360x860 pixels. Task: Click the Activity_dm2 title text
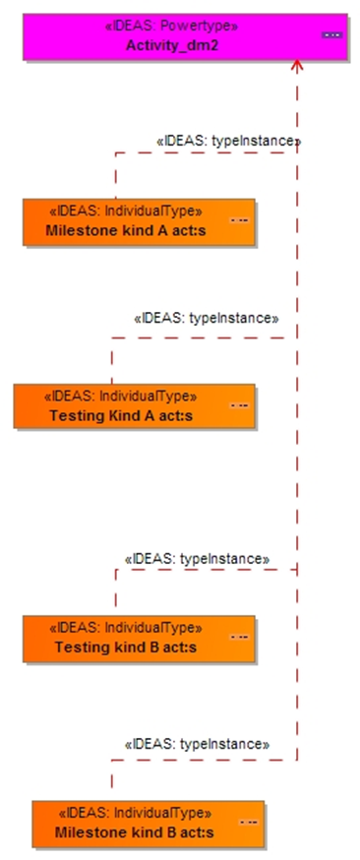pos(172,45)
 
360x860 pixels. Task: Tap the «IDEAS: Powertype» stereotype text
pos(172,26)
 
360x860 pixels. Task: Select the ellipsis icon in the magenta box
pos(332,35)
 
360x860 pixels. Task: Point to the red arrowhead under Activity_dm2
pos(297,65)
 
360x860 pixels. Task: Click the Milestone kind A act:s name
pos(126,230)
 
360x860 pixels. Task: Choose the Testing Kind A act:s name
pos(121,416)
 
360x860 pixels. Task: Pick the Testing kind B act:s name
pos(126,647)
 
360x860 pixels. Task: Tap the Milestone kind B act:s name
pos(134,832)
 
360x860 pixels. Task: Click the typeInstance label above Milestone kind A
pos(228,141)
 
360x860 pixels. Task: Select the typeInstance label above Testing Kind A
pos(207,318)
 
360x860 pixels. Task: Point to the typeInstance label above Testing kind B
pos(198,559)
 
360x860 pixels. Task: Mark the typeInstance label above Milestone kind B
pos(198,744)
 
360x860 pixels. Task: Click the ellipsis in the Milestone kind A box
pos(239,220)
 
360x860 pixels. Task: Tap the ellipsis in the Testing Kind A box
pos(239,405)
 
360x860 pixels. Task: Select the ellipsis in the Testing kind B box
pos(239,638)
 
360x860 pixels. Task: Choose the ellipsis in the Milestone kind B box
pos(248,823)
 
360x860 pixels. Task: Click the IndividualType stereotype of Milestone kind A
pos(126,212)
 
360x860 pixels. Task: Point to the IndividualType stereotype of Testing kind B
pos(126,628)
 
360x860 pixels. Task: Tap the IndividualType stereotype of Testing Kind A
pos(121,396)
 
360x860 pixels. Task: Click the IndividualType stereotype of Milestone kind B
pos(134,813)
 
